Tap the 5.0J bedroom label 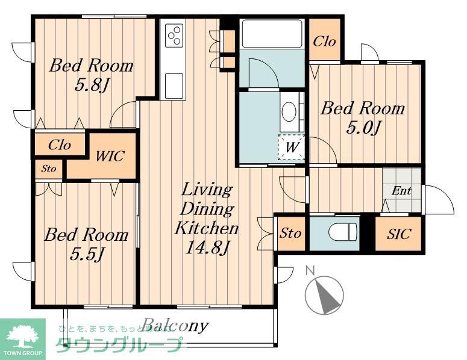point(362,118)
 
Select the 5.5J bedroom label point(87,244)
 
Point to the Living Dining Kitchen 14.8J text point(207,218)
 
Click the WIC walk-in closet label point(110,157)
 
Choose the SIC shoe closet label point(398,234)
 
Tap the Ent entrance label point(401,191)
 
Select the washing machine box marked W point(290,146)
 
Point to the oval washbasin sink point(290,111)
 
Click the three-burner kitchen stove point(175,34)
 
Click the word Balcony point(175,326)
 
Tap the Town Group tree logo point(22,339)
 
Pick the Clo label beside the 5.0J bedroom point(324,42)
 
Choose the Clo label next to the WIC point(59,145)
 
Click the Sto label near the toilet point(290,233)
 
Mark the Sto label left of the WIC point(48,169)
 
